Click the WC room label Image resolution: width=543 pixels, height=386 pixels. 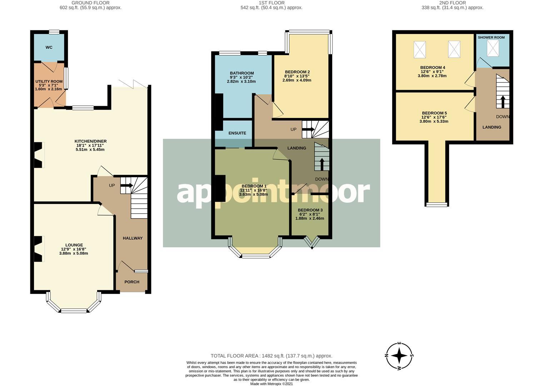49,47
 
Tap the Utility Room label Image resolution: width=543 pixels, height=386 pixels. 49,82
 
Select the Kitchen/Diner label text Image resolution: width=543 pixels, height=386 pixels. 90,141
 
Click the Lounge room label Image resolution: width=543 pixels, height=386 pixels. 74,245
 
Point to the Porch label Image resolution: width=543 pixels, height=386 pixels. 132,282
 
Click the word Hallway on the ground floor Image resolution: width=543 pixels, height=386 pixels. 133,238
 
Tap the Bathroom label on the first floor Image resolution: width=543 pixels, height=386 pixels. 242,73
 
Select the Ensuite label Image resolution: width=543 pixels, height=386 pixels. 237,133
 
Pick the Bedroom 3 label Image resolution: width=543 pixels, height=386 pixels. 310,210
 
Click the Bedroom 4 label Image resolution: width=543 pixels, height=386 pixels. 433,68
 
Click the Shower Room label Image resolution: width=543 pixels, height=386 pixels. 491,38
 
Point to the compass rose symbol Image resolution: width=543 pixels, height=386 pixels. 400,356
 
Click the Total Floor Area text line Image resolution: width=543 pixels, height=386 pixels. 271,356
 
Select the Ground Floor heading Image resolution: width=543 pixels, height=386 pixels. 90,3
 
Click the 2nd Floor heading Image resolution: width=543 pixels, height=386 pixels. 452,3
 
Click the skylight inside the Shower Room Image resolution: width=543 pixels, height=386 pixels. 493,48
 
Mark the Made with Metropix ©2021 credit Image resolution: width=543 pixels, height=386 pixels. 271,384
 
